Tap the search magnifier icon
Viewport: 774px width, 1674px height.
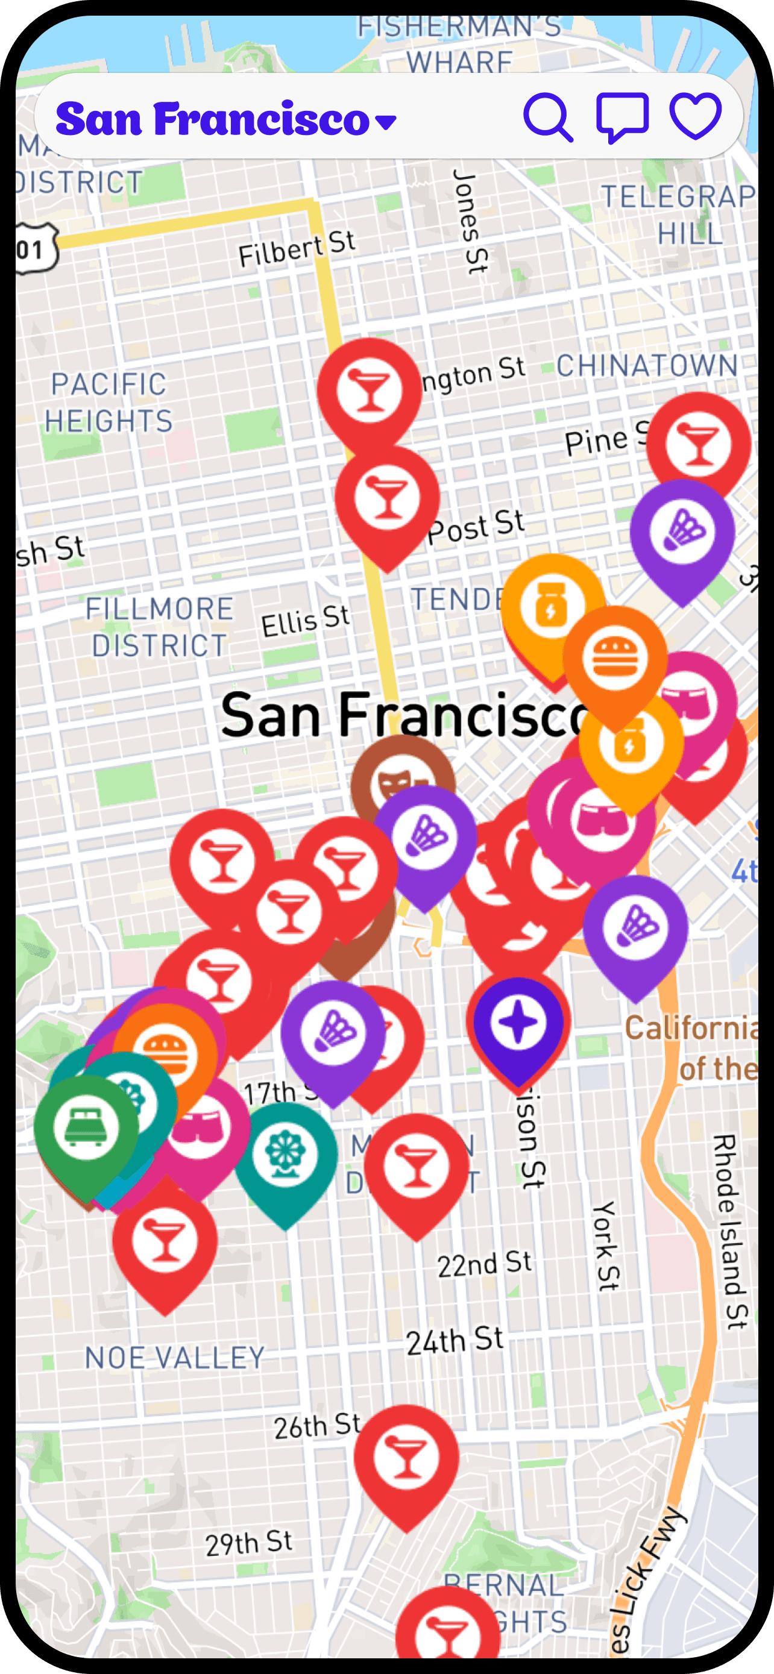pos(547,117)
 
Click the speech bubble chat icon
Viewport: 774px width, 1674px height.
pos(622,117)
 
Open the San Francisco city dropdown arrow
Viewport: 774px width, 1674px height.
pos(386,122)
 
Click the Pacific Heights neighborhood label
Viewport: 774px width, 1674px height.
pos(109,403)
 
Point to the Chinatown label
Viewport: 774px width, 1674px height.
pos(647,366)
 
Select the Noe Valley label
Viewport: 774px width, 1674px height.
pos(175,1358)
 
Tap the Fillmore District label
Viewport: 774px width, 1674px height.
pos(159,627)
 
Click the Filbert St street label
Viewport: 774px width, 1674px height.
pos(297,249)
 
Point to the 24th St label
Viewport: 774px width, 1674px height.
pos(455,1341)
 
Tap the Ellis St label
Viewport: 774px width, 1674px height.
pos(305,621)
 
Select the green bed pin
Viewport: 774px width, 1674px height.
pos(86,1126)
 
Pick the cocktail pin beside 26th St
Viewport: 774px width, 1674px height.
pos(406,1457)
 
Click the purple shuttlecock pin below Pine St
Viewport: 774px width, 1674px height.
pos(682,531)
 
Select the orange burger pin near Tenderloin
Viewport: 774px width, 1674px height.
pos(615,657)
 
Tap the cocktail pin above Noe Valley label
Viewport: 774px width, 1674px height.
pos(165,1240)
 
